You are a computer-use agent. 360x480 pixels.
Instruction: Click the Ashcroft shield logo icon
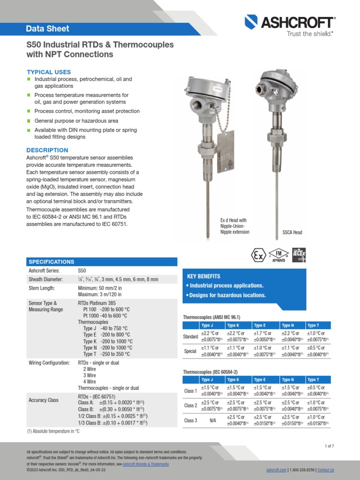point(252,22)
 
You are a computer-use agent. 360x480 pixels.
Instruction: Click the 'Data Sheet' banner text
point(47,29)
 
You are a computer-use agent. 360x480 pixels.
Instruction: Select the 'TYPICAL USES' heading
point(49,72)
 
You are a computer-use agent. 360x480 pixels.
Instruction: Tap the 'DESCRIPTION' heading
point(47,150)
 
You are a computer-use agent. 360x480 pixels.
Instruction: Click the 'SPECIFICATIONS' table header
point(52,262)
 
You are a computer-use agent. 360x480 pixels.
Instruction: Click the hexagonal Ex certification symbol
point(258,256)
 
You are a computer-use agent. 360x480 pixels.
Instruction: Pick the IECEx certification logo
point(299,255)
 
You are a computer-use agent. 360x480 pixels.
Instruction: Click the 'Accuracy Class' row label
point(44,400)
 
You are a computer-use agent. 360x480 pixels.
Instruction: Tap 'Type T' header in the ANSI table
point(313,325)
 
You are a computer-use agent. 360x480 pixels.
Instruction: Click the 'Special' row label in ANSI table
point(190,351)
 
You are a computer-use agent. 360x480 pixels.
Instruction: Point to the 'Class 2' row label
point(190,405)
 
